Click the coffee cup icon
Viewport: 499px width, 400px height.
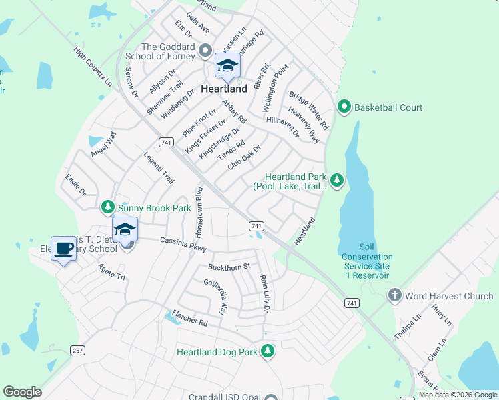[63, 249]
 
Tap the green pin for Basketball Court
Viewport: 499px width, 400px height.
[344, 107]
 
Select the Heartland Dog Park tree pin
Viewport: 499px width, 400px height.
[268, 351]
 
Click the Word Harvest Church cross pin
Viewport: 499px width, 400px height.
[394, 295]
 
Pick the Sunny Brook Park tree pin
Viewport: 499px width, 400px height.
[108, 208]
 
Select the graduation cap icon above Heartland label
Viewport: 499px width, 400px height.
[227, 66]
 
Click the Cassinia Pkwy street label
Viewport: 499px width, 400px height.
[183, 244]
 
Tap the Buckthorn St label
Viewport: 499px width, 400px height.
[229, 267]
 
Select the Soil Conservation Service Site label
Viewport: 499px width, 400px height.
[367, 257]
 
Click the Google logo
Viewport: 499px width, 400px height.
[22, 392]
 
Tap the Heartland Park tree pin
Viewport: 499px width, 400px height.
[337, 179]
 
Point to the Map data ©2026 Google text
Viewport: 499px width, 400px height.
[457, 395]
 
